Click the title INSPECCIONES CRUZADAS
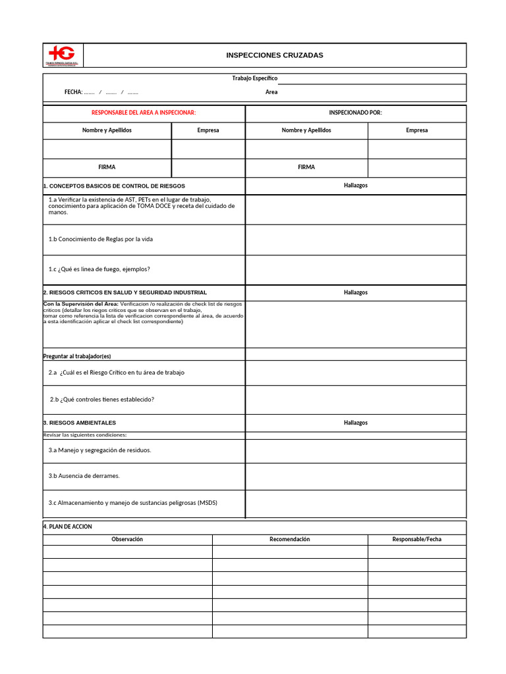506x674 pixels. pyautogui.click(x=275, y=55)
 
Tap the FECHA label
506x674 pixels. pyautogui.click(x=73, y=92)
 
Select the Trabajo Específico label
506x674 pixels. pyautogui.click(x=255, y=78)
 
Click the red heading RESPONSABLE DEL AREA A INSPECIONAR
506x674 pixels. pyautogui.click(x=144, y=113)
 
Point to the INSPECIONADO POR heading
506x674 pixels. pyautogui.click(x=355, y=113)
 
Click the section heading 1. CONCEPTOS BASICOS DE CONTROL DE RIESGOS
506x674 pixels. pyautogui.click(x=114, y=186)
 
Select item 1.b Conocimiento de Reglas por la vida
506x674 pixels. pyautogui.click(x=100, y=239)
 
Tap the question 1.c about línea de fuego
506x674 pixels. pyautogui.click(x=99, y=269)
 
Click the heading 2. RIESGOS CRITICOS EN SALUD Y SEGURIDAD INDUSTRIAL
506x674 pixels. pyautogui.click(x=125, y=292)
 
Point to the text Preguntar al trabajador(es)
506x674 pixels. pyautogui.click(x=77, y=356)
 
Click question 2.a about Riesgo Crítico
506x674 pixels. pyautogui.click(x=116, y=373)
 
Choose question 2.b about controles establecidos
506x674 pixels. pyautogui.click(x=102, y=400)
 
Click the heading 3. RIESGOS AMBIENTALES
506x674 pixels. pyautogui.click(x=80, y=423)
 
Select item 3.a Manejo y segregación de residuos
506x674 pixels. pyautogui.click(x=99, y=450)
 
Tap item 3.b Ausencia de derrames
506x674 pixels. pyautogui.click(x=84, y=476)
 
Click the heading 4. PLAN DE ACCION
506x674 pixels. pyautogui.click(x=68, y=527)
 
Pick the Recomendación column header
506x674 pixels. pyautogui.click(x=290, y=539)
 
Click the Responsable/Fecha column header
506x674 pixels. pyautogui.click(x=416, y=539)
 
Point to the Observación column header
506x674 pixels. pyautogui.click(x=127, y=539)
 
